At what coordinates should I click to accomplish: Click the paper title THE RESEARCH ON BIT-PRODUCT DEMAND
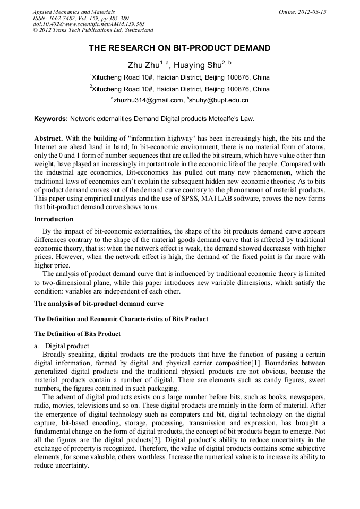pos(179,48)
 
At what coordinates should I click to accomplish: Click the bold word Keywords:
pos(51,119)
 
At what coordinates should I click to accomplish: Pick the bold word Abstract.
pos(49,137)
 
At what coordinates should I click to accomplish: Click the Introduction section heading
pos(54,219)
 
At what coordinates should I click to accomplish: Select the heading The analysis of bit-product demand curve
pos(99,304)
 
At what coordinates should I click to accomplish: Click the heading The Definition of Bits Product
pos(77,334)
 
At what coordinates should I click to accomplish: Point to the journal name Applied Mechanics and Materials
pos(73,12)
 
